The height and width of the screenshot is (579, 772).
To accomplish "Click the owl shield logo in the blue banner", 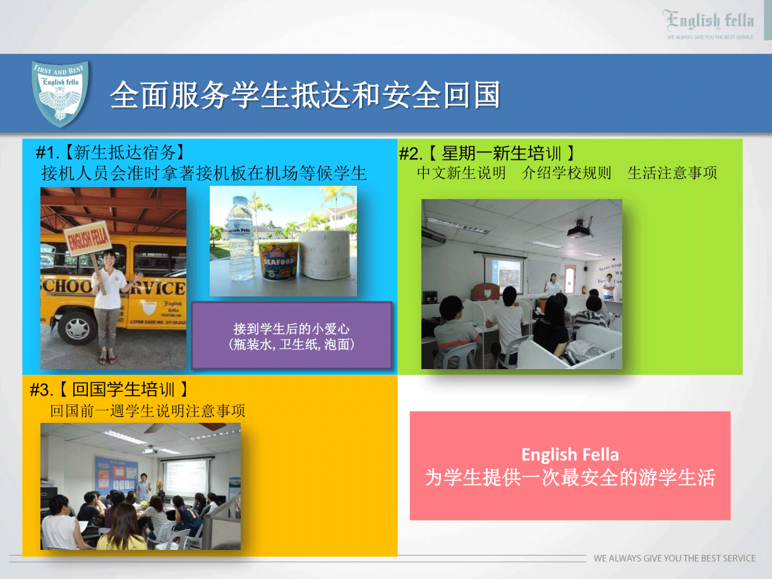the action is pyautogui.click(x=60, y=93).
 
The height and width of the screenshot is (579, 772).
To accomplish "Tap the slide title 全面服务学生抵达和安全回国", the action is pyautogui.click(x=305, y=95).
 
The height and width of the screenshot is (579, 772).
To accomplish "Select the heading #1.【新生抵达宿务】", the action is pyautogui.click(x=110, y=152).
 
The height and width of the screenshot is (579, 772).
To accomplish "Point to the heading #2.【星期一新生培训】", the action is pyautogui.click(x=487, y=154).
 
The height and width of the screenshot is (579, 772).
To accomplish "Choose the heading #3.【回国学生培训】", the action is pyautogui.click(x=109, y=389).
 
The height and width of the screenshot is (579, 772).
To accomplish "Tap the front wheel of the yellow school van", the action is pyautogui.click(x=77, y=327).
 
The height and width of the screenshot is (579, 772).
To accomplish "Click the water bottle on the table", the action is pyautogui.click(x=241, y=238).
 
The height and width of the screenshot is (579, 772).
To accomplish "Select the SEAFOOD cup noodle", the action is pyautogui.click(x=279, y=261).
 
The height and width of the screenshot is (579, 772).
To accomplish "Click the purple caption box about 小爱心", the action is pyautogui.click(x=292, y=336).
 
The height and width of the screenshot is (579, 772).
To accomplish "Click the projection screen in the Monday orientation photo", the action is pyautogui.click(x=504, y=275).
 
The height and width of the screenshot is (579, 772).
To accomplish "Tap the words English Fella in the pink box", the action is pyautogui.click(x=570, y=454).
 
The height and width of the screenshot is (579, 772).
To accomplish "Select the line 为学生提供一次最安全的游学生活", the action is pyautogui.click(x=570, y=478).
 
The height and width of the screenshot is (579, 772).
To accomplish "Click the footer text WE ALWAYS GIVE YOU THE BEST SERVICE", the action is pyautogui.click(x=675, y=558).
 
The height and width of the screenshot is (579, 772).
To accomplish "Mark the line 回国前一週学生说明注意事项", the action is pyautogui.click(x=148, y=410).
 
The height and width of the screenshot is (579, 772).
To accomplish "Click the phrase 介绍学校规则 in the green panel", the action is pyautogui.click(x=567, y=173).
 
